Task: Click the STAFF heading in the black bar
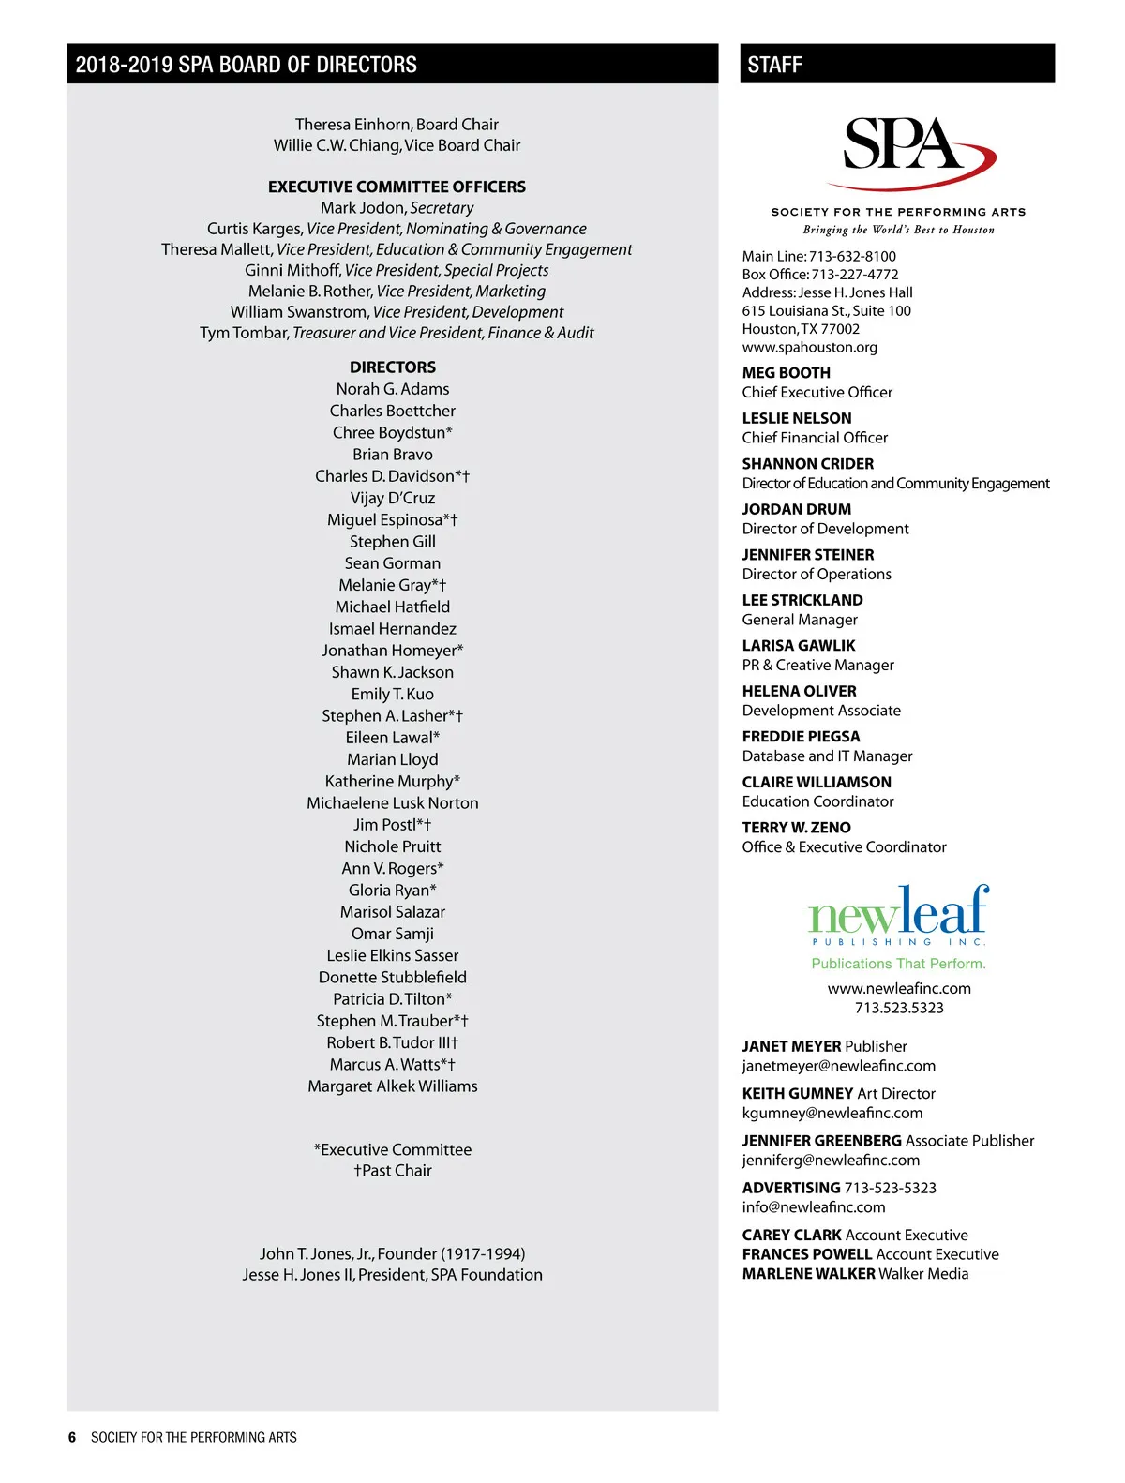point(775,65)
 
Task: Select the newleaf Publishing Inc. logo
point(898,915)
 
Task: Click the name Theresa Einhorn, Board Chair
point(397,125)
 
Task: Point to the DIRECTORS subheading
point(393,367)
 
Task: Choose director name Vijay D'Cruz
point(393,498)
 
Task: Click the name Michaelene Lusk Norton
point(393,803)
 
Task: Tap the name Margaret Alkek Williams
point(393,1086)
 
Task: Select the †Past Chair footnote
point(393,1171)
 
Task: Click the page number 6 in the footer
point(72,1438)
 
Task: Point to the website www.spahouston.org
point(810,348)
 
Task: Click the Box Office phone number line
point(820,275)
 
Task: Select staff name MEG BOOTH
point(787,373)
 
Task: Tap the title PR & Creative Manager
point(818,666)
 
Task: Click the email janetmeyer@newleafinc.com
point(839,1066)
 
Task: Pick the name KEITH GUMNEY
point(798,1094)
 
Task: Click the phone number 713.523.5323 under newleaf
point(899,1009)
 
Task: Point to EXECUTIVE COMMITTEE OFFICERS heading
point(397,187)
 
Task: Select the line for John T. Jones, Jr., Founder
point(393,1254)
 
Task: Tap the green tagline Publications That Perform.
point(898,964)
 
